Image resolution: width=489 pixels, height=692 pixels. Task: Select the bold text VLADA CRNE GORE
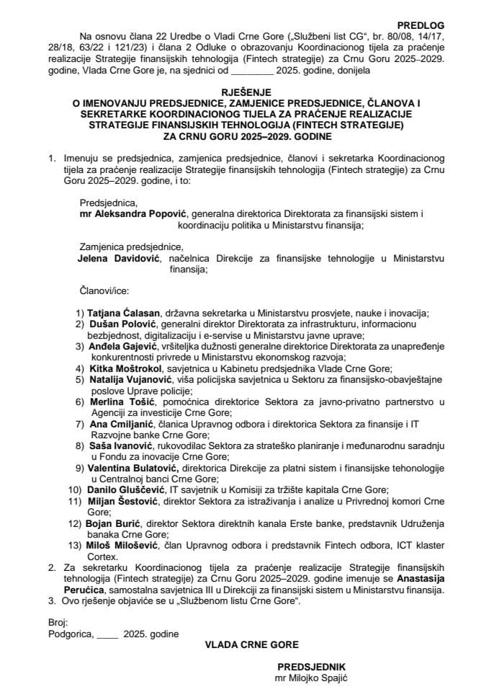(244, 643)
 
